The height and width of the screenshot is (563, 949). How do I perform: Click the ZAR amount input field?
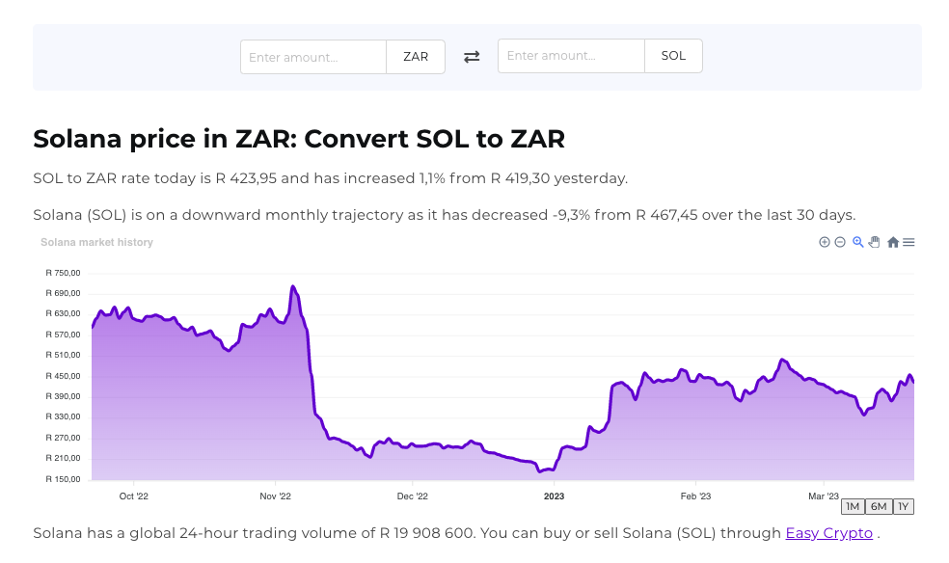313,57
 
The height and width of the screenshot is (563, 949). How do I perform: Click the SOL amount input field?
571,56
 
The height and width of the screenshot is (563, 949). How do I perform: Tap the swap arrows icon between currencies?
472,57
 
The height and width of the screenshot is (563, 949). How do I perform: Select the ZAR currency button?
416,57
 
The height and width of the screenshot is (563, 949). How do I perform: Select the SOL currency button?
673,56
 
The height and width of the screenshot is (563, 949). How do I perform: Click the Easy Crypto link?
828,533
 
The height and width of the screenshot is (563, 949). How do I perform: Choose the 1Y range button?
903,507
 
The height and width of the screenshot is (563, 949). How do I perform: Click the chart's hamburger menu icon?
908,242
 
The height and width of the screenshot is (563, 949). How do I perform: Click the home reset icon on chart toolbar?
893,242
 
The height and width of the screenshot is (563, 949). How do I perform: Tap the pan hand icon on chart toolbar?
875,242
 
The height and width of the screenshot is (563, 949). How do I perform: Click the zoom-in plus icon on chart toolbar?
825,242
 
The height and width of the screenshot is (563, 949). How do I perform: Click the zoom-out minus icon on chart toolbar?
840,242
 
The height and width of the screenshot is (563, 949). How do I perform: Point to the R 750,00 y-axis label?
63,273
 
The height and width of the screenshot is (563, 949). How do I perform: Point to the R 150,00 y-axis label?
63,479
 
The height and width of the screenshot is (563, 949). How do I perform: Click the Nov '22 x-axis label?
275,496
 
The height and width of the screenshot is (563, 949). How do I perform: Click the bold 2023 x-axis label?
554,496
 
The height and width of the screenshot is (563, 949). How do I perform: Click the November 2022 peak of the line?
293,286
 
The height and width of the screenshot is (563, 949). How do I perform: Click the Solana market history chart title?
96,242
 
